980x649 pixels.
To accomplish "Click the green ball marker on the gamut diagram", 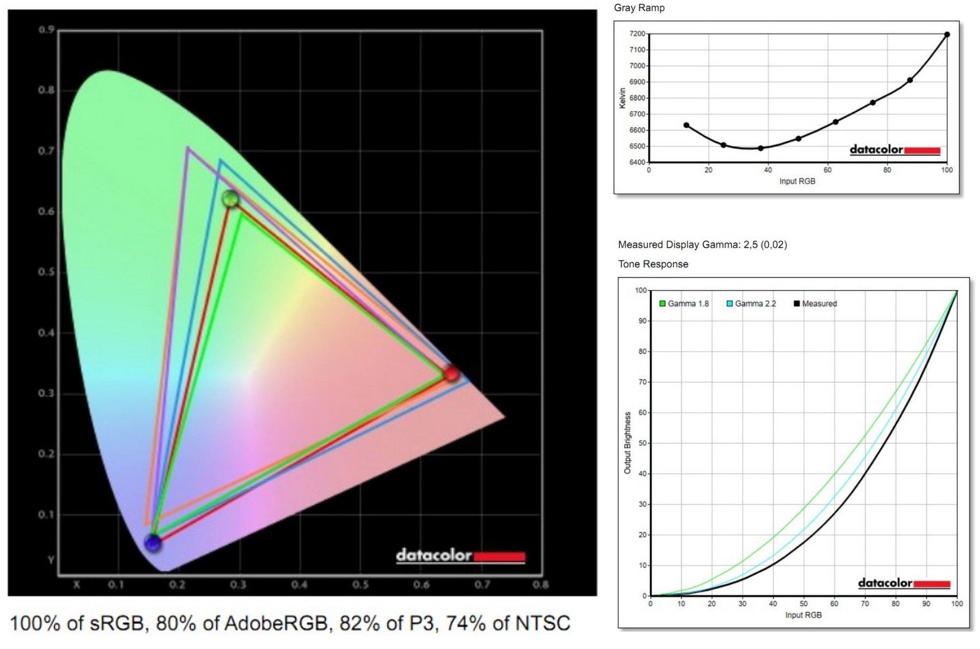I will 230,198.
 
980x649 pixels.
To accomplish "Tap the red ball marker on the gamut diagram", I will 451,373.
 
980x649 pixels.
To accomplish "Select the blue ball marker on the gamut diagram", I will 152,542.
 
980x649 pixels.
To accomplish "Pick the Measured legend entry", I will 815,304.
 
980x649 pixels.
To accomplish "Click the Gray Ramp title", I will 639,8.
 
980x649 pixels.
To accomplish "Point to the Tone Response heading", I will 653,264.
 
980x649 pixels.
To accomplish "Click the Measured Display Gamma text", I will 702,244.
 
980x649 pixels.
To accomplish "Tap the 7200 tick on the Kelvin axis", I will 637,34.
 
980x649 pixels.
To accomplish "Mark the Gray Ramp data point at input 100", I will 947,35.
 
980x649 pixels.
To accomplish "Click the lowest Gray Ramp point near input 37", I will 761,148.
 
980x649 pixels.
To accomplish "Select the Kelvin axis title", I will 622,98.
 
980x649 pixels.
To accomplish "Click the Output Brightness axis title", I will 627,443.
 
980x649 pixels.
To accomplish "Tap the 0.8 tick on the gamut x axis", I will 540,585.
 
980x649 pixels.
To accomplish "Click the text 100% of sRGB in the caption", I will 78,623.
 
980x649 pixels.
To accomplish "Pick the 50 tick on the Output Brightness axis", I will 642,443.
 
